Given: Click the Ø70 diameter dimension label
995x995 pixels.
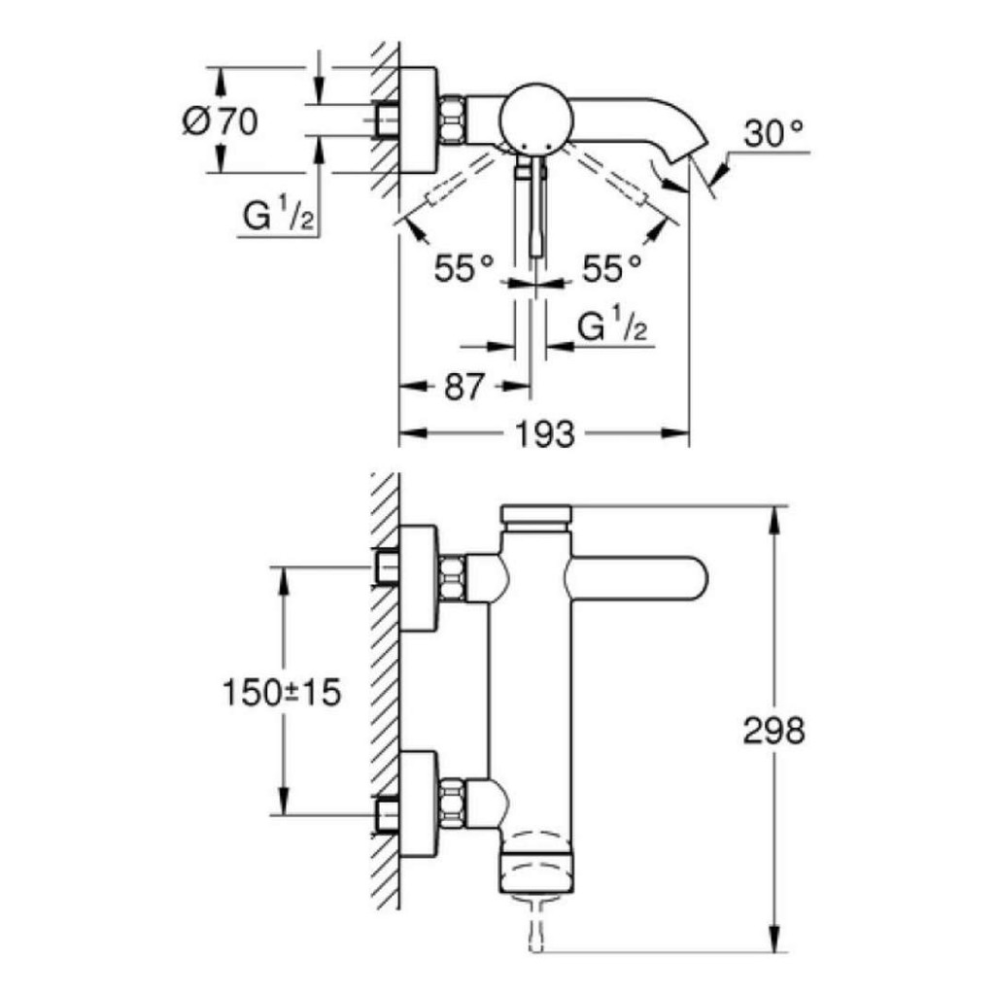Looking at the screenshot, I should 221,122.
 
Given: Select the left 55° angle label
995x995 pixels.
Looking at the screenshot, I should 465,267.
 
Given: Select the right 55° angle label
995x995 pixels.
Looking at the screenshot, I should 611,267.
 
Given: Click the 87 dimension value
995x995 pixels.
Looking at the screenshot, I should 463,387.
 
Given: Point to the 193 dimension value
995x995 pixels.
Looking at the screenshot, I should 544,434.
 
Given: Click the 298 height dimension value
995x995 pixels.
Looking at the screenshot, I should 774,731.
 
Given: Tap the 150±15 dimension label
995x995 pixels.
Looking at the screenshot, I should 282,694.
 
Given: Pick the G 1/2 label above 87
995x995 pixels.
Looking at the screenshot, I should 613,327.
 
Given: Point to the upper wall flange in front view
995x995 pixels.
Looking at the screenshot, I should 420,579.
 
